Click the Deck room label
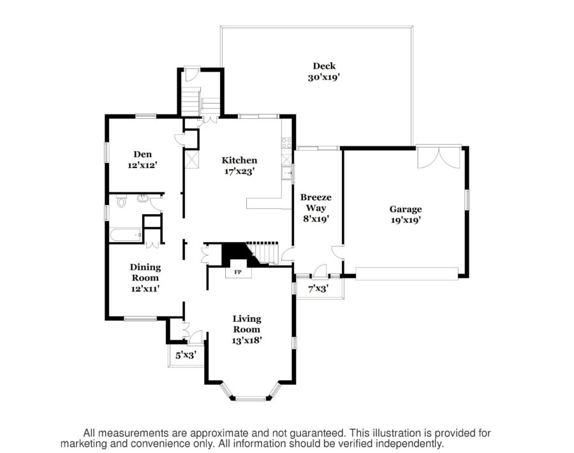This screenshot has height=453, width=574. [324, 66]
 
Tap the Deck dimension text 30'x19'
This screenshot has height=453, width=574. [324, 78]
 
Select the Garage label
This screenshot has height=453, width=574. [406, 209]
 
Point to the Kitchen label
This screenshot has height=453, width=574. [239, 160]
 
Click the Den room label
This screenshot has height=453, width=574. [141, 153]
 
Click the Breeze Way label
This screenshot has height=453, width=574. [316, 203]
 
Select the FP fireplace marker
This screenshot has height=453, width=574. [239, 272]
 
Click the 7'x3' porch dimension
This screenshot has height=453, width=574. [318, 289]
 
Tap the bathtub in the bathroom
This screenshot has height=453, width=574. [126, 235]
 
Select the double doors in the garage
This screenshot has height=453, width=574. [439, 158]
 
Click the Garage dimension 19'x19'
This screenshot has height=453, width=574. [406, 220]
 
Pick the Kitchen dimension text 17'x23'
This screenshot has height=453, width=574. [239, 171]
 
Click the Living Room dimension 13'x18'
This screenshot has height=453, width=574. [247, 340]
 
